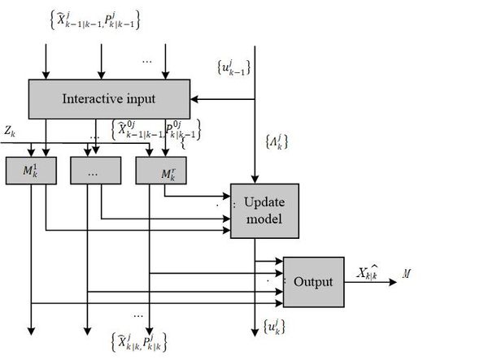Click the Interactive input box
[x=109, y=98]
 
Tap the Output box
[x=313, y=281]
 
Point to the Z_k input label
[x=11, y=130]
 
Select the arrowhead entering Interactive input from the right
[x=194, y=98]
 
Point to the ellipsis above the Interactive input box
[x=147, y=59]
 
